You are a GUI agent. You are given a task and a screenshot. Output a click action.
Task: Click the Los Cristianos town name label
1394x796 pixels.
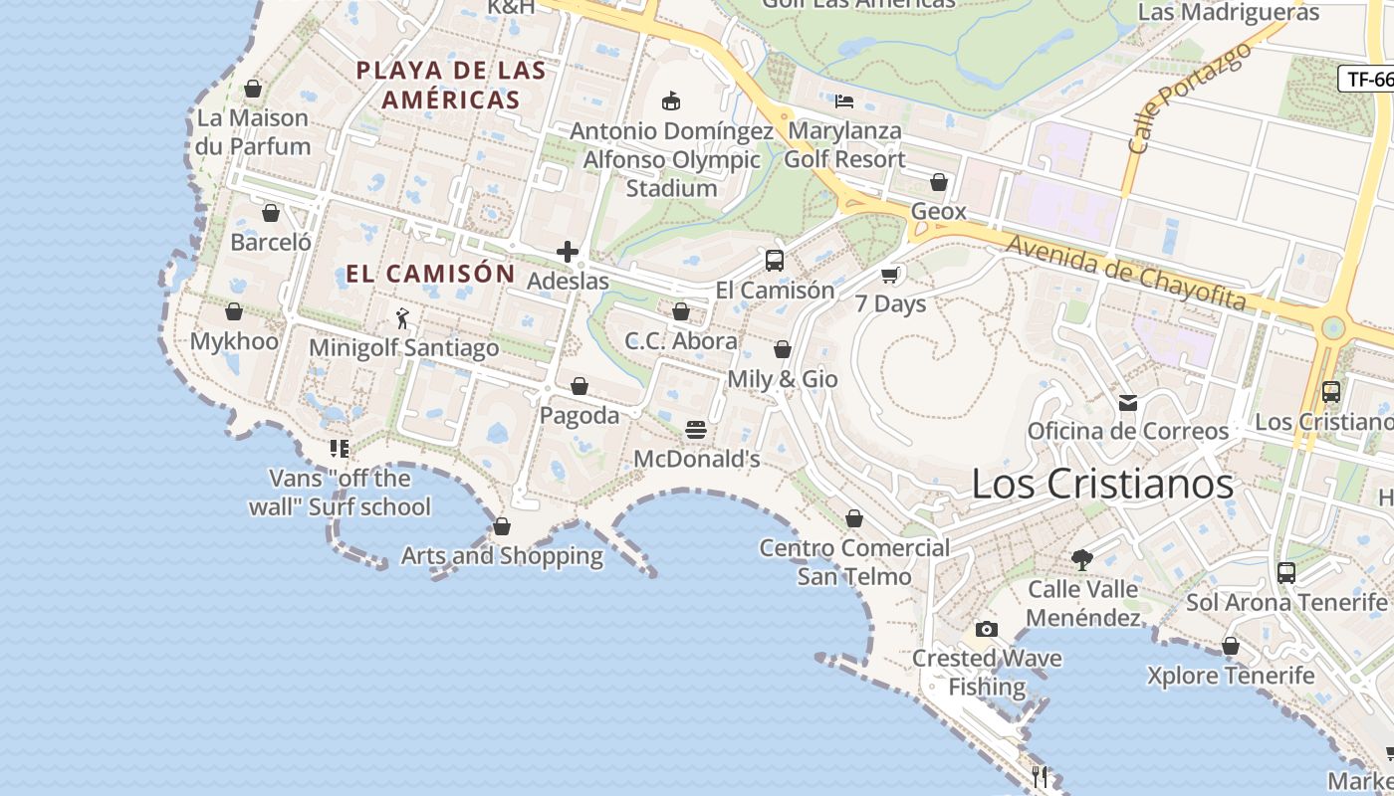(1102, 485)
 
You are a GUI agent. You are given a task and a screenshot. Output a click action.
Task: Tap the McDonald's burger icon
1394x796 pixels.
(696, 430)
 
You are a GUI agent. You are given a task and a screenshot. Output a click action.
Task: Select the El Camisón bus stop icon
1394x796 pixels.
(775, 261)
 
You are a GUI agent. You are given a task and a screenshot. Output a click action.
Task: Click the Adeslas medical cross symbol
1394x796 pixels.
(568, 252)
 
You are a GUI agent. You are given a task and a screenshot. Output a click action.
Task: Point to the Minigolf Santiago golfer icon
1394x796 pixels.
(402, 318)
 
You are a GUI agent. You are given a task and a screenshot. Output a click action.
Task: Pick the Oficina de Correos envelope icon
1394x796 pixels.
(1128, 402)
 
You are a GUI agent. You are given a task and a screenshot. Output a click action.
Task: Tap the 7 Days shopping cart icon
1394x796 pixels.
(890, 275)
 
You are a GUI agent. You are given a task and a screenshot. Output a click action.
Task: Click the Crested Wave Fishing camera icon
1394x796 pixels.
(987, 629)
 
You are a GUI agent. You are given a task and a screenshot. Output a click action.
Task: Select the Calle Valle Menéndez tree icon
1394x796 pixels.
(1082, 560)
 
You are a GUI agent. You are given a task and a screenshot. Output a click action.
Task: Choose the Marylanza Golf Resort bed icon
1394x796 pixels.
(844, 100)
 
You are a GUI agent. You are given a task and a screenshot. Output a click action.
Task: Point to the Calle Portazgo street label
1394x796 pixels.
(1189, 98)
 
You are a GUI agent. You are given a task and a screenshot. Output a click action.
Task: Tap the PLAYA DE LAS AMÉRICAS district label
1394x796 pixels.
(451, 85)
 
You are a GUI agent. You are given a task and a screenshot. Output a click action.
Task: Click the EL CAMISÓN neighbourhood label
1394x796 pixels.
(430, 274)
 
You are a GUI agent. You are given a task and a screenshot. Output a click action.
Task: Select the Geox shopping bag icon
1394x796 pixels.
(938, 182)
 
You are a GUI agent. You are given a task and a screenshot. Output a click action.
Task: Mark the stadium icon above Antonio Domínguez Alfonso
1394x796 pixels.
(671, 100)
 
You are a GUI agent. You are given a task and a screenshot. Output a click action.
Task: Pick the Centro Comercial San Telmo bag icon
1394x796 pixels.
(854, 518)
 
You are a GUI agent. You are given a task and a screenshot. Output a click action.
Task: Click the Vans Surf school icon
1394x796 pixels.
(340, 449)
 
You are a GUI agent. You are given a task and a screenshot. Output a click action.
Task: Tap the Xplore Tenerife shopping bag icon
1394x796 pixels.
(1231, 646)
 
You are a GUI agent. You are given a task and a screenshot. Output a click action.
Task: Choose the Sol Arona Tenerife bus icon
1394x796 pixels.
(1286, 573)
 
